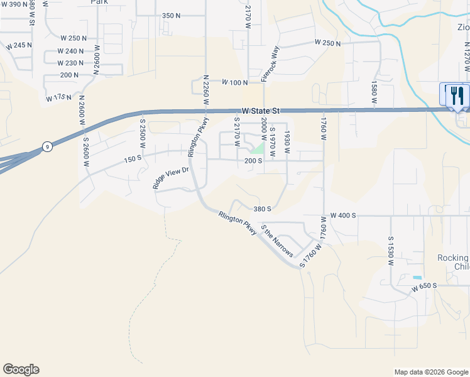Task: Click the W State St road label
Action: [260, 111]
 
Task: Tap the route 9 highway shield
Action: [47, 146]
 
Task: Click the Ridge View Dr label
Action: [170, 178]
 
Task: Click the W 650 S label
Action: [424, 287]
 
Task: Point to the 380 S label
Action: [262, 209]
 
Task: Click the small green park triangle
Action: [258, 148]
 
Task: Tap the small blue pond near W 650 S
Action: [417, 277]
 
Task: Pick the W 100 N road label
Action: [235, 82]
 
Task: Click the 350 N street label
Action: [171, 15]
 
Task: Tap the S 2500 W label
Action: [143, 134]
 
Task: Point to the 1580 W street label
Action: [374, 92]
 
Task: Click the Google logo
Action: [21, 369]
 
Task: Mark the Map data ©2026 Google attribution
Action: [430, 372]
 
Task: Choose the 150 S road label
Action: [133, 160]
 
